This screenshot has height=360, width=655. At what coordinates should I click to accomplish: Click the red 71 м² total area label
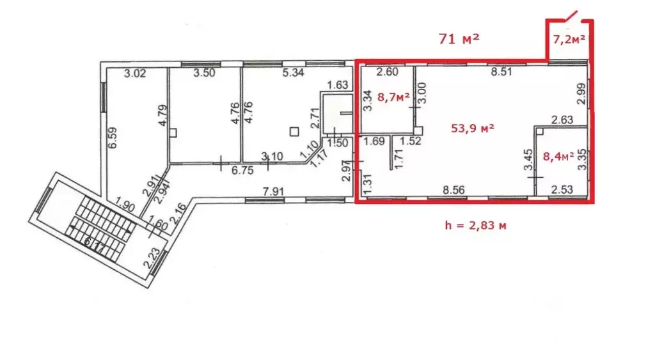pyautogui.click(x=459, y=38)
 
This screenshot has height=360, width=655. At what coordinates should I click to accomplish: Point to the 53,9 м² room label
pyautogui.click(x=473, y=129)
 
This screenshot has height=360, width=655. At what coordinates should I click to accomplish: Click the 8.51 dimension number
pyautogui.click(x=501, y=73)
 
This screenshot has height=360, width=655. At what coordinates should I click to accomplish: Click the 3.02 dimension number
pyautogui.click(x=136, y=74)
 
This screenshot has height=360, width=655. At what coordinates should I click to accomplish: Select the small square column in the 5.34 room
pyautogui.click(x=293, y=131)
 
